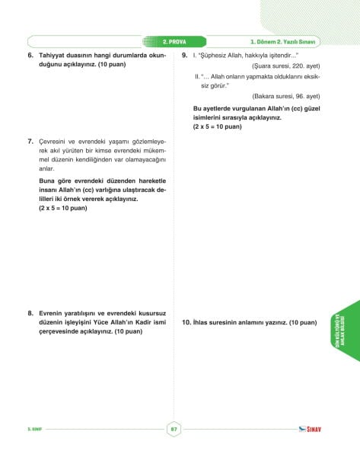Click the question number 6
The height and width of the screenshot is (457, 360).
pyautogui.click(x=30, y=56)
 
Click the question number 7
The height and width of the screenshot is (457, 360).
pyautogui.click(x=30, y=142)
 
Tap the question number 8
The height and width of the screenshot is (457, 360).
pyautogui.click(x=30, y=313)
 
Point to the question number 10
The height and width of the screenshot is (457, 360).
pyautogui.click(x=186, y=323)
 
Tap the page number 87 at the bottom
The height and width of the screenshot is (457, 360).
pyautogui.click(x=174, y=429)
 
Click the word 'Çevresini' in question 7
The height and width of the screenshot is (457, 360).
pyautogui.click(x=55, y=142)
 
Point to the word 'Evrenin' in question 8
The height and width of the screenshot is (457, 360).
pyautogui.click(x=52, y=313)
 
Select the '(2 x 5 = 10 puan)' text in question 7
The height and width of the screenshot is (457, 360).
pyautogui.click(x=65, y=208)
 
